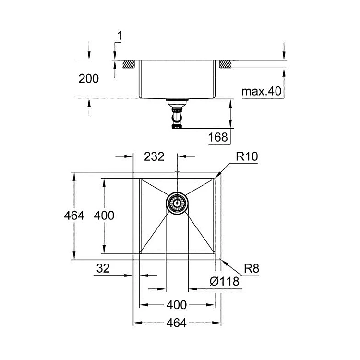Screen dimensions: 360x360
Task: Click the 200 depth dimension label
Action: (x=89, y=79)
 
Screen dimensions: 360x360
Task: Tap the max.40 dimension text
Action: (x=261, y=91)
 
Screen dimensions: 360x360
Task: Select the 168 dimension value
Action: (x=218, y=137)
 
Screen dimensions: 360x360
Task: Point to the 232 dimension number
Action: (x=154, y=156)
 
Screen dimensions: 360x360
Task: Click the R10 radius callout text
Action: (x=247, y=156)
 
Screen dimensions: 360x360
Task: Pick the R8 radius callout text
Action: (x=252, y=268)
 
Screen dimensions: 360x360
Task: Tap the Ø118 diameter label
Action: (x=224, y=281)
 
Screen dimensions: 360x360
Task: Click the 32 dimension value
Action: (x=103, y=268)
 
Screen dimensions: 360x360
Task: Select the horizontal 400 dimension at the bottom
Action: (x=176, y=305)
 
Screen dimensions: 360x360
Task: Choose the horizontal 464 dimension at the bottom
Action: (x=176, y=323)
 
